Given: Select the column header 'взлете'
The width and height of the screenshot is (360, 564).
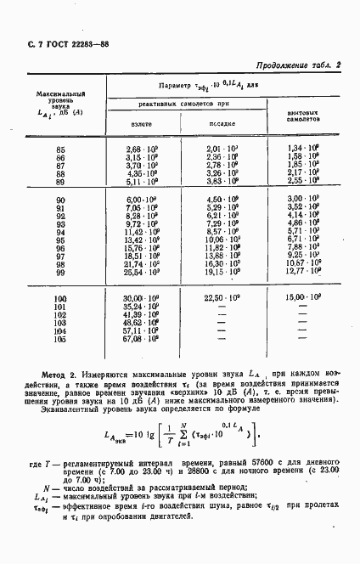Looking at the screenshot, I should tap(141, 123).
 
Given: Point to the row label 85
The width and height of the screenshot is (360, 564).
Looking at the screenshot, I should tap(60, 149).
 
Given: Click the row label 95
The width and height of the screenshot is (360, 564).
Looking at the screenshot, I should tap(60, 240).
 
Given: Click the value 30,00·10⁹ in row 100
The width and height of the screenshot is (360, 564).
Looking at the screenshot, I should tap(142, 299).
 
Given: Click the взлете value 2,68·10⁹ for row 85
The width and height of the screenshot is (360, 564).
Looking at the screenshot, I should tap(142, 149).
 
